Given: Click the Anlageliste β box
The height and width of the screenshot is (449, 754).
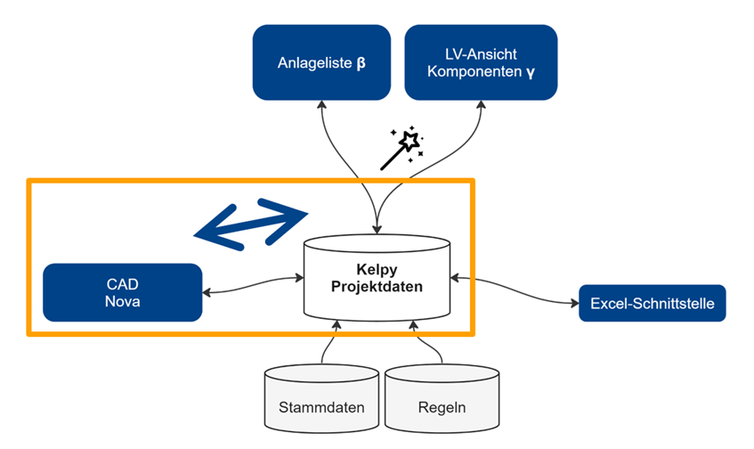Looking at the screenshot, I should (x=322, y=61).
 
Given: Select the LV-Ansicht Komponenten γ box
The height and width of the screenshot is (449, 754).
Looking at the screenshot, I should (x=480, y=61).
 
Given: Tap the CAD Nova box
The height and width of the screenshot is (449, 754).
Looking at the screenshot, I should (x=122, y=291).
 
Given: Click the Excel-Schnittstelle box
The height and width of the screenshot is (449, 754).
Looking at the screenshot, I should (x=652, y=304).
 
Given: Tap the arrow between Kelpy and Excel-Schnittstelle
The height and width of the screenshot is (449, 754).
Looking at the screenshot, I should (x=515, y=290).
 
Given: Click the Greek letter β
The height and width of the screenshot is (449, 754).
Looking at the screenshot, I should (x=361, y=64).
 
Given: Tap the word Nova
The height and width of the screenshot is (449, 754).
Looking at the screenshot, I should (x=122, y=300).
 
